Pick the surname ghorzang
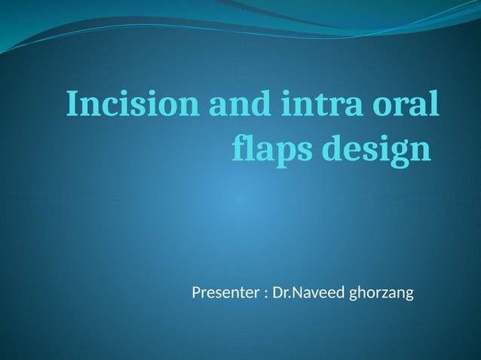tap(382, 293)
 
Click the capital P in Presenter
tap(196, 292)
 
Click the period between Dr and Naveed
tap(287, 297)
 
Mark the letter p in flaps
tap(285, 154)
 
